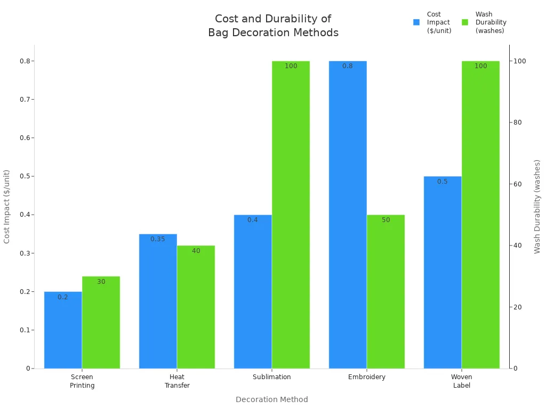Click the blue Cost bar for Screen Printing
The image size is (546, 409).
[x=63, y=330]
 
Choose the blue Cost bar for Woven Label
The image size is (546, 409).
[x=443, y=272]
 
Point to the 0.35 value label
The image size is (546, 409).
[x=158, y=239]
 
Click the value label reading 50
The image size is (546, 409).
[x=386, y=220]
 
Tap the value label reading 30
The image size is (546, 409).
[x=101, y=282]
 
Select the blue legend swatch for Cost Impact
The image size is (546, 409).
[x=416, y=22]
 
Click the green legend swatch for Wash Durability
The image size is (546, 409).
[x=465, y=22]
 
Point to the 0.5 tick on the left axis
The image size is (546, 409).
[x=24, y=176]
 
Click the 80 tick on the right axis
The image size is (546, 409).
[x=517, y=122]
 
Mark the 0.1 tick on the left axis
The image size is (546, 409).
[x=24, y=330]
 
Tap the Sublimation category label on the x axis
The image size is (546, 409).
[x=272, y=377]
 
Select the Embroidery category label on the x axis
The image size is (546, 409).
[x=367, y=377]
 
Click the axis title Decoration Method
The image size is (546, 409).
[x=272, y=399]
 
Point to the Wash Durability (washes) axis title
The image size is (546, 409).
[x=537, y=207]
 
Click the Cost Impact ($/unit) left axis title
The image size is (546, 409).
[x=7, y=207]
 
